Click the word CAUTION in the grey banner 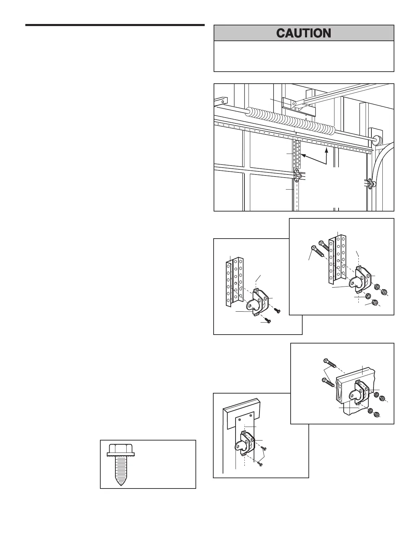coord(304,33)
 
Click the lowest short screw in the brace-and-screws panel coord(268,322)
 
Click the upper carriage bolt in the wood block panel coord(327,362)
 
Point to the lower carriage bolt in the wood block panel coord(326,381)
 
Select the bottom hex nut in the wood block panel coord(376,414)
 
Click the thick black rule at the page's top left coord(115,25)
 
